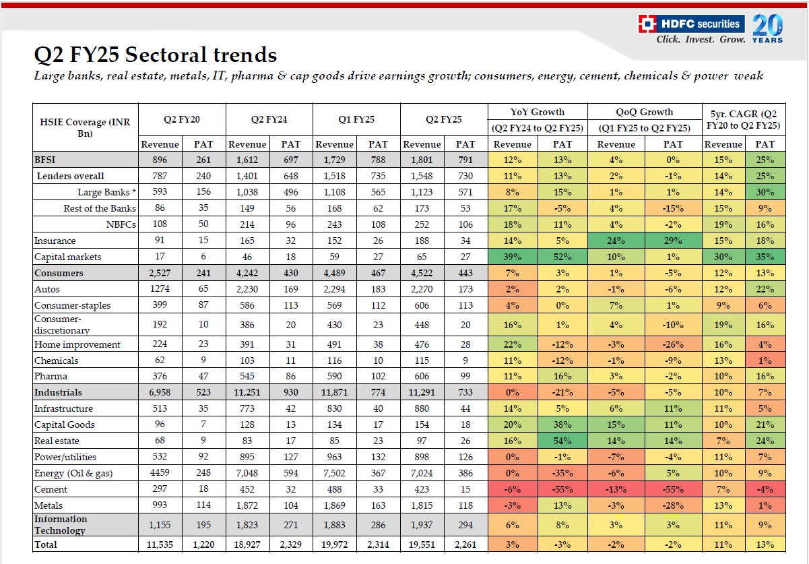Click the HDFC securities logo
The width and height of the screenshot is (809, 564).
691,24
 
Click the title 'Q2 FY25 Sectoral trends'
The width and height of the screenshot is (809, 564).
156,55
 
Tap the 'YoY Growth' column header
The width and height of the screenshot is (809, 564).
538,112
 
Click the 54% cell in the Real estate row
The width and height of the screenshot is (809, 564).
562,441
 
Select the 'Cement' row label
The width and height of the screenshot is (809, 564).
51,489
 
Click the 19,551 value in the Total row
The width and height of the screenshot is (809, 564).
422,544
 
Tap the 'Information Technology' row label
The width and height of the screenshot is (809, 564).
61,524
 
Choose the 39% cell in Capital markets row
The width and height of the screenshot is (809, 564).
513,257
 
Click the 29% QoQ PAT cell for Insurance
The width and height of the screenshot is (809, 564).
672,241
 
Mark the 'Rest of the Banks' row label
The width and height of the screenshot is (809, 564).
100,208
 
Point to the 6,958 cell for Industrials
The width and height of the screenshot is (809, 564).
160,392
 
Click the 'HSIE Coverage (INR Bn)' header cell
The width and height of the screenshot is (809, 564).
86,127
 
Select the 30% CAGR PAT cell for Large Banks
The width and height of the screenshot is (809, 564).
765,192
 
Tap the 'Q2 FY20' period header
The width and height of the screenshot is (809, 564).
182,119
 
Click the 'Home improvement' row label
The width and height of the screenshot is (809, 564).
77,344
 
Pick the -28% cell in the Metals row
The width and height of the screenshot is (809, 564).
672,505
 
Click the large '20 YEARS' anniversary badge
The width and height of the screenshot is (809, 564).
767,28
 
